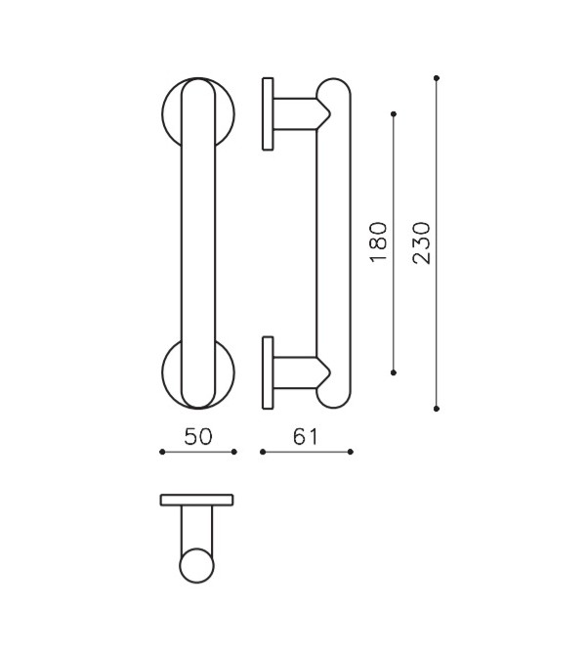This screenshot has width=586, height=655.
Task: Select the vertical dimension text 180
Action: (x=380, y=241)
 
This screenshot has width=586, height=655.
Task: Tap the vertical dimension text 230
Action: (x=422, y=241)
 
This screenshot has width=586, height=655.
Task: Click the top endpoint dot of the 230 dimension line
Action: (x=436, y=77)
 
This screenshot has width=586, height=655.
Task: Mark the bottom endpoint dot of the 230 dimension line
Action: (x=436, y=408)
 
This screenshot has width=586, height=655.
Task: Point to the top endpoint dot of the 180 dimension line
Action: (x=394, y=114)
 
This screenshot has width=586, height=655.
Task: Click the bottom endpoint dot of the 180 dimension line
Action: (x=394, y=372)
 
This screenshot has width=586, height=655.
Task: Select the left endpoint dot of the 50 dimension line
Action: (x=161, y=452)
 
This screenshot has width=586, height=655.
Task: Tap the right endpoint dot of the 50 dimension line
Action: (x=234, y=452)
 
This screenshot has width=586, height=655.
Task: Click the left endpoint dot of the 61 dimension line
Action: (x=262, y=452)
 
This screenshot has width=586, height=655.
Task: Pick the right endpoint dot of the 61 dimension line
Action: (x=351, y=452)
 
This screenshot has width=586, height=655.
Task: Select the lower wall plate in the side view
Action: (x=267, y=372)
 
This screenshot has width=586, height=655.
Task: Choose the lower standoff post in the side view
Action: (x=293, y=372)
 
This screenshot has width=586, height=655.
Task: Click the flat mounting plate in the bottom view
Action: (x=197, y=500)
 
